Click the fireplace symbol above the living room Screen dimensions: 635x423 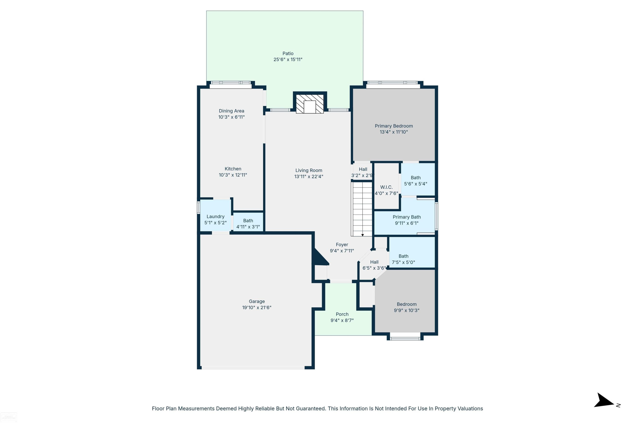click(310, 104)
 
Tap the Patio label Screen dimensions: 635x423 click(288, 54)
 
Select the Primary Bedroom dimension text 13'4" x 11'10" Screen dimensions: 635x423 click(394, 132)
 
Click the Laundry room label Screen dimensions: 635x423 click(215, 216)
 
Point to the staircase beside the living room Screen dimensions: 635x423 click(362, 209)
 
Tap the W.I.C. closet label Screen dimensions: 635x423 click(386, 187)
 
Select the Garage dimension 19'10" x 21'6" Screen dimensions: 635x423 click(257, 307)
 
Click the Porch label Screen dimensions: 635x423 click(342, 314)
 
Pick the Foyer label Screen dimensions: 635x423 click(342, 244)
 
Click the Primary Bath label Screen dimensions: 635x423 click(407, 217)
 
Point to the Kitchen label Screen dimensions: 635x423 click(233, 169)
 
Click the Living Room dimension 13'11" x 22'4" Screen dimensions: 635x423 click(309, 176)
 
